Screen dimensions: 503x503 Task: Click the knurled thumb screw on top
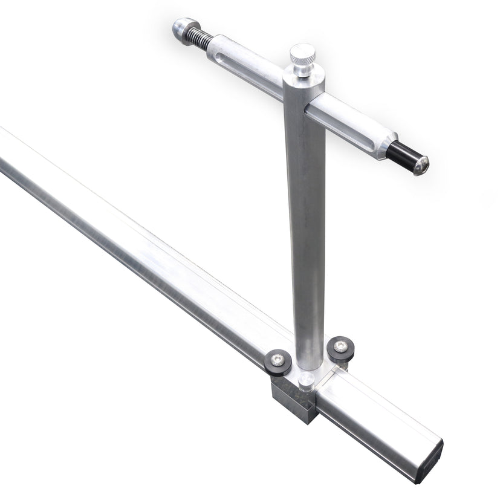[x=302, y=55]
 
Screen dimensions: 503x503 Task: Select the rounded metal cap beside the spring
[x=182, y=28]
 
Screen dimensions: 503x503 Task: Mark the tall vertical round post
[x=305, y=230]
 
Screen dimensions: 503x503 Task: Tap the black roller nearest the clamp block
[x=278, y=362]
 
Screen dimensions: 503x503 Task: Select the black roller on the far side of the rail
[x=340, y=348]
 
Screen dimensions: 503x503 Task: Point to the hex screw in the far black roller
[x=342, y=346]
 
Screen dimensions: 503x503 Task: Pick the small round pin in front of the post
[x=307, y=380]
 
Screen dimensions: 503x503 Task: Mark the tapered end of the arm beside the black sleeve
[x=382, y=144]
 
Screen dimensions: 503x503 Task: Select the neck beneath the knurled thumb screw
[x=302, y=68]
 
